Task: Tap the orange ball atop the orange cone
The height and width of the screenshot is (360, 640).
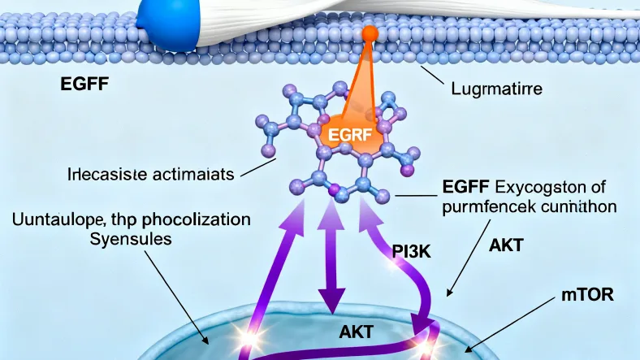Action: click(370, 33)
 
